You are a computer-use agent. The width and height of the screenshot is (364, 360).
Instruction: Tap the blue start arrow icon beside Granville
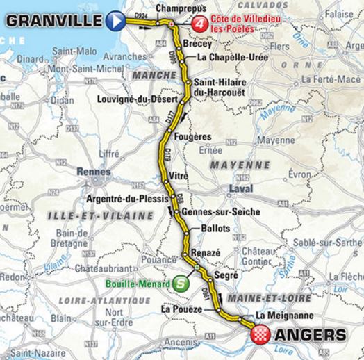(x=117, y=21)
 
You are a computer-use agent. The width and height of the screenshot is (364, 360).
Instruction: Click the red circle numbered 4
(x=199, y=22)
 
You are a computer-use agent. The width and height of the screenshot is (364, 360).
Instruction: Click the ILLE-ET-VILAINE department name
(x=83, y=217)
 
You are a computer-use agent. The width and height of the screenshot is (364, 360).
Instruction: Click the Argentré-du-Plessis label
(x=123, y=197)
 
